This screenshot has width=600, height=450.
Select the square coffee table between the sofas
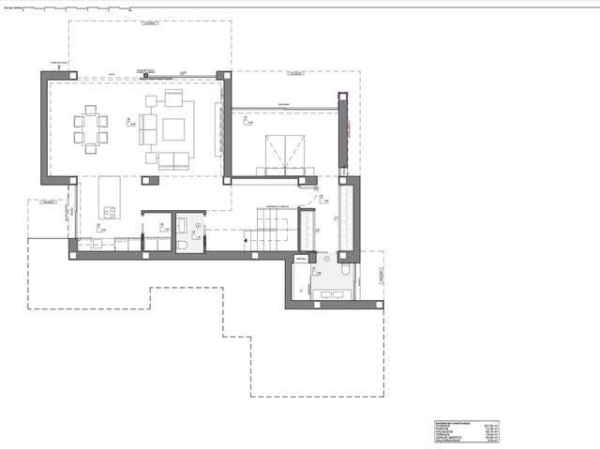click(173, 129)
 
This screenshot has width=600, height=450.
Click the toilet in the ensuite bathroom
click(346, 270)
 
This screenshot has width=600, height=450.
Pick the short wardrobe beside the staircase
click(307, 230)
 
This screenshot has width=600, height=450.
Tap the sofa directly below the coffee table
click(173, 159)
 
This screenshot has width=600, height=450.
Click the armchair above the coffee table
click(173, 98)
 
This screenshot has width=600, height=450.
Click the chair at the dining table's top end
click(91, 109)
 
